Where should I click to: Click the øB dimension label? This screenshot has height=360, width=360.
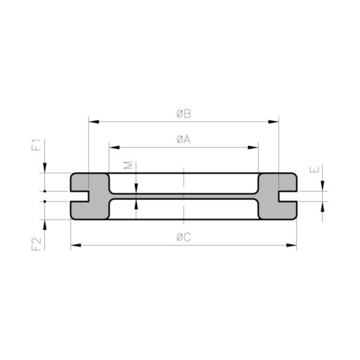pyautogui.click(x=184, y=114)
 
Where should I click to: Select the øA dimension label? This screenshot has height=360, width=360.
pyautogui.click(x=184, y=139)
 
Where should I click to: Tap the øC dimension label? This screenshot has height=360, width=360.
pyautogui.click(x=184, y=237)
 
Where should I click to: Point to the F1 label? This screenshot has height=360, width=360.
pyautogui.click(x=36, y=145)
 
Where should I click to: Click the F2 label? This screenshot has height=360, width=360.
pyautogui.click(x=36, y=244)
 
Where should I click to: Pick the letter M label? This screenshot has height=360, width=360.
pyautogui.click(x=128, y=165)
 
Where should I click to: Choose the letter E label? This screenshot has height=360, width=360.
pyautogui.click(x=314, y=170)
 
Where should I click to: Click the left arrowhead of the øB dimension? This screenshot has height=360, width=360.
pyautogui.click(x=94, y=122)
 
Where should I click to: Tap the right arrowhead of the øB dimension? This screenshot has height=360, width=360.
pyautogui.click(x=274, y=122)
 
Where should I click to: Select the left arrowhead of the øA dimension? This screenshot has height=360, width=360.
pyautogui.click(x=115, y=148)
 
